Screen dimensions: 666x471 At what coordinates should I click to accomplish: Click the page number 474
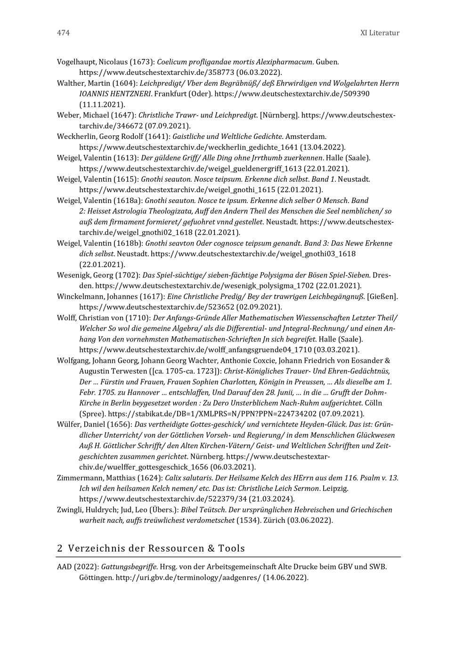coord(63,33)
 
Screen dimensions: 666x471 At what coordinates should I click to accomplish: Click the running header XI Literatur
coord(380,33)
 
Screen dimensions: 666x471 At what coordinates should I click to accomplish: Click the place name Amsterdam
coord(306,137)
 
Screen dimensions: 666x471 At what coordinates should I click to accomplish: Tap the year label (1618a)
coord(128,201)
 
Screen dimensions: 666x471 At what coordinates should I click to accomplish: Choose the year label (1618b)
coord(128,244)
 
